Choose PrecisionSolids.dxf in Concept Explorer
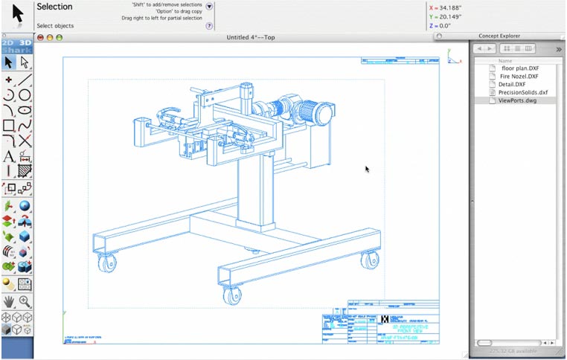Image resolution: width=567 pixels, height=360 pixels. [522, 92]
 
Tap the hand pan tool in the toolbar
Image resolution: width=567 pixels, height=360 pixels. [9, 301]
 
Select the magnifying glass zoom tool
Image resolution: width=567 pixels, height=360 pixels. [25, 301]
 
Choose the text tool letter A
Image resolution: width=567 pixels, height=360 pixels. [9, 156]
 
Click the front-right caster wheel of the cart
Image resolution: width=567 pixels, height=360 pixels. [368, 261]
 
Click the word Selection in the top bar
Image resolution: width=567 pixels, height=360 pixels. [54, 7]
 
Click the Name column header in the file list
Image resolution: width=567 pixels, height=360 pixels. [505, 60]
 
